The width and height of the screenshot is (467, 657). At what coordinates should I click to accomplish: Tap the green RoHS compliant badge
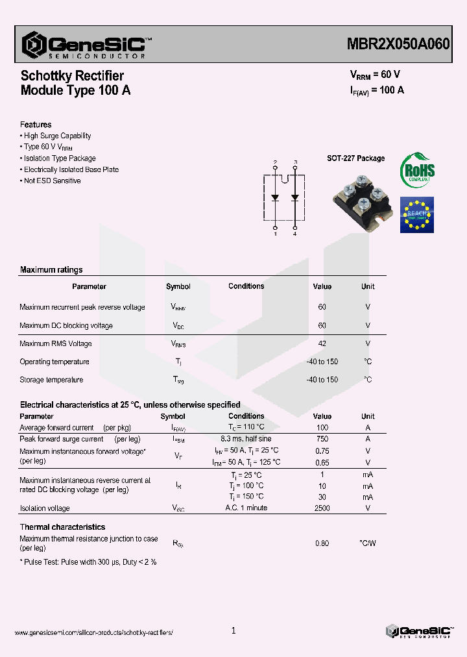[x=417, y=171]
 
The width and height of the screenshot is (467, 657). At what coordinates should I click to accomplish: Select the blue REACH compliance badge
[x=416, y=214]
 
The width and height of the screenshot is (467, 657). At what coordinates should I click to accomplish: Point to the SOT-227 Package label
[x=355, y=158]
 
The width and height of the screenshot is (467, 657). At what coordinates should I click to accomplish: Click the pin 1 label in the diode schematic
[x=276, y=234]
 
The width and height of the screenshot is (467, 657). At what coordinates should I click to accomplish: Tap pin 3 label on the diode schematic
[x=296, y=162]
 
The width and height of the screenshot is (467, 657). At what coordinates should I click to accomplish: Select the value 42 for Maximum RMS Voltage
[x=322, y=343]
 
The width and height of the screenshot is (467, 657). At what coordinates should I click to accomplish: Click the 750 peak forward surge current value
[x=322, y=439]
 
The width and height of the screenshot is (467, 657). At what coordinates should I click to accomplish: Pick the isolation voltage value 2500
[x=322, y=508]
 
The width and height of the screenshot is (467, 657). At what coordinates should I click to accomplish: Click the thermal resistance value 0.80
[x=322, y=543]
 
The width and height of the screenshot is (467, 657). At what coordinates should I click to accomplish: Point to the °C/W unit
[x=367, y=543]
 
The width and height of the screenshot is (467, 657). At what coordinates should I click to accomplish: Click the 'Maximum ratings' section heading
[x=51, y=270]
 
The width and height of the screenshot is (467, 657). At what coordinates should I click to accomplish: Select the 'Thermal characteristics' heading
[x=62, y=527]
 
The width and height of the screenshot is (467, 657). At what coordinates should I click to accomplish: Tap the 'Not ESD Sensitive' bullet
[x=52, y=181]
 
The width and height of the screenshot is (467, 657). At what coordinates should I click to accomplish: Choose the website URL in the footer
[x=93, y=632]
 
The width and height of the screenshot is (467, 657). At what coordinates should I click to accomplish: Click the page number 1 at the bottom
[x=233, y=630]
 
